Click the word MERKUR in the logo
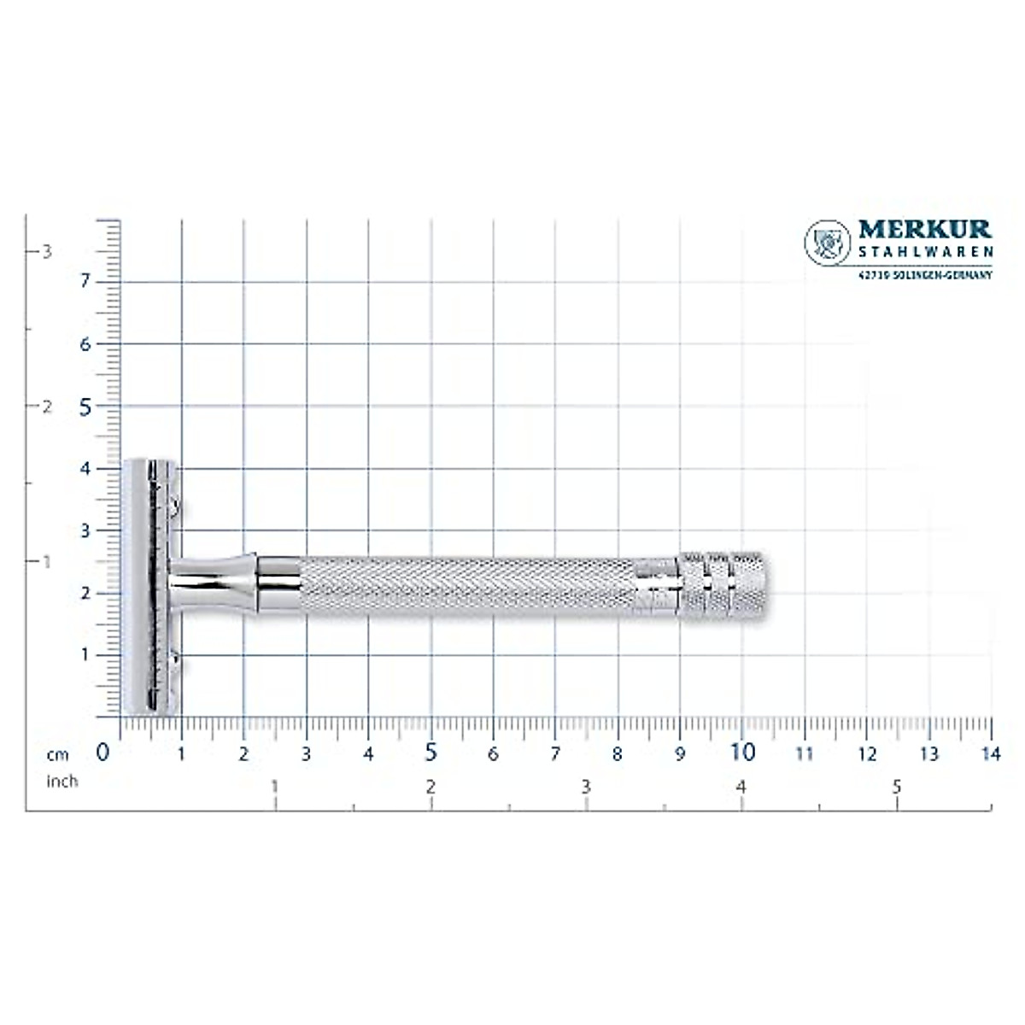(925, 230)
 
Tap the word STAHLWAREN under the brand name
(925, 252)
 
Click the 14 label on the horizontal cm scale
(991, 754)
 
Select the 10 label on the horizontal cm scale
(743, 753)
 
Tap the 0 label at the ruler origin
(103, 753)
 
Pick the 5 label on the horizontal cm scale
(430, 753)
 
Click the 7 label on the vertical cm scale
(85, 282)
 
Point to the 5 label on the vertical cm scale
(85, 407)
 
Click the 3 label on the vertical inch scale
(48, 251)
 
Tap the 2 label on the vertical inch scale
(48, 407)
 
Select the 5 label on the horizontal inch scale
(897, 788)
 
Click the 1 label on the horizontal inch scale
(274, 788)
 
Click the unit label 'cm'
(58, 755)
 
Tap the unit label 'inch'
(61, 781)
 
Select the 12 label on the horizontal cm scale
(867, 754)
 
